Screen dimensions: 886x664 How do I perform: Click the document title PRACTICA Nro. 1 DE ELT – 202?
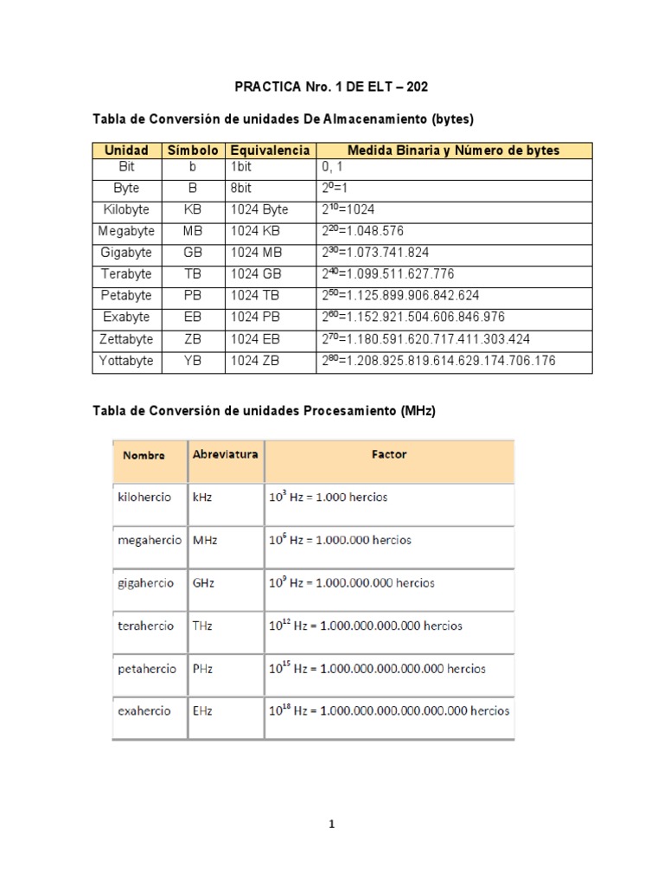pos(331,87)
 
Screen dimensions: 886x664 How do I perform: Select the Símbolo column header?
pos(192,150)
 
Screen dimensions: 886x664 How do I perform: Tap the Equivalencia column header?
pos(269,150)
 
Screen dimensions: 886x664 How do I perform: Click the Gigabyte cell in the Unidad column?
pos(125,253)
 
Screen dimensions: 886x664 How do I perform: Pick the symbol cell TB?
pos(192,274)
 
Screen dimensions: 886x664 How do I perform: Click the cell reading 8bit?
pos(245,188)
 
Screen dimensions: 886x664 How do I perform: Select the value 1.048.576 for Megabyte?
pos(362,231)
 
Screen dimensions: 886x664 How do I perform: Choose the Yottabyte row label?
pos(126,361)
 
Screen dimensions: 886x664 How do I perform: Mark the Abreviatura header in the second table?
pos(225,454)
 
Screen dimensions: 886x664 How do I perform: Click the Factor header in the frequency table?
pos(389,454)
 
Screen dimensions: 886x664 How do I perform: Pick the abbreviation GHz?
pos(205,583)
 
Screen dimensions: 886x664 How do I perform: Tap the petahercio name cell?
pos(146,669)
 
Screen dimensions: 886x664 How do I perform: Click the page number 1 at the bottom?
pos(332,825)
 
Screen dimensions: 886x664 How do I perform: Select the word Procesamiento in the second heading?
pos(349,412)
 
